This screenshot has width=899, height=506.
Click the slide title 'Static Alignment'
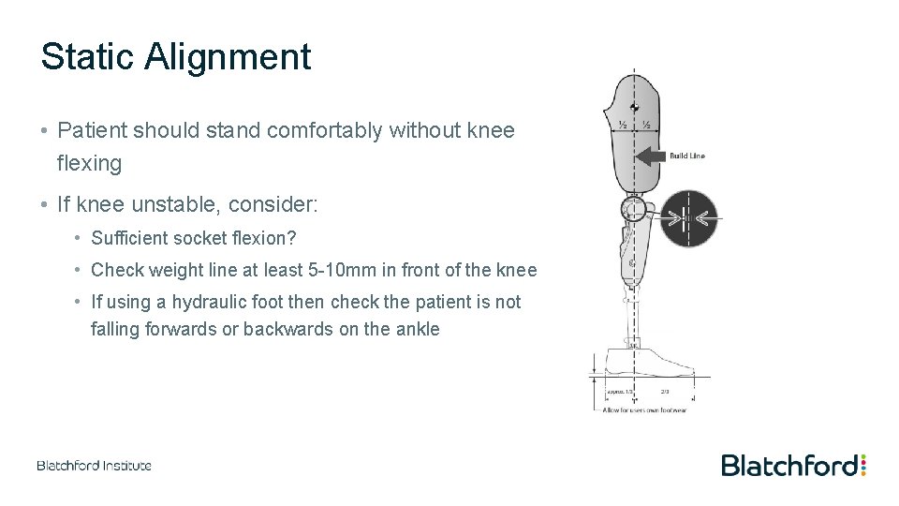175,56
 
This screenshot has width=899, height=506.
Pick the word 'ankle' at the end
417,329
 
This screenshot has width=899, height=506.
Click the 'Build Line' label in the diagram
686,156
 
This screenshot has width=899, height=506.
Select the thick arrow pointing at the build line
652,156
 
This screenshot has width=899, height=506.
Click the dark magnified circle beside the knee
687,219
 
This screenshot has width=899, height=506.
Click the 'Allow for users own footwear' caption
646,410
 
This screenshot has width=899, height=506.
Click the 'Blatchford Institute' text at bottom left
94,466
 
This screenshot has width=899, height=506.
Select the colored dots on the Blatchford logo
863,465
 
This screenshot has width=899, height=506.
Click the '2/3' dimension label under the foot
665,392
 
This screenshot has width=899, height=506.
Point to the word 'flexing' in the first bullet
89,163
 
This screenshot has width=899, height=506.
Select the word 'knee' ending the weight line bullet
518,271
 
